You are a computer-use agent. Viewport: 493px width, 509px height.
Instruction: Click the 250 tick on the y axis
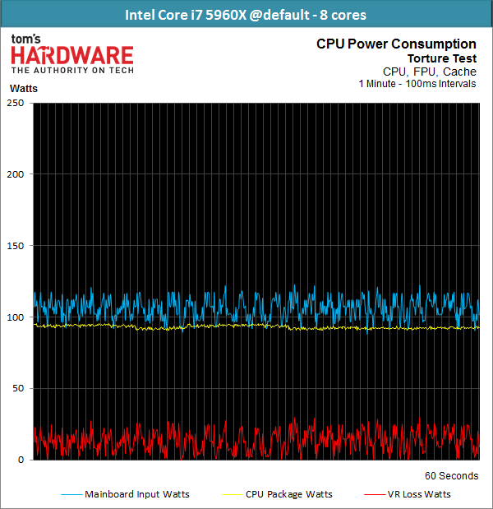tap(16, 103)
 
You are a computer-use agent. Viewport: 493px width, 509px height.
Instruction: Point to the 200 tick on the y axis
tap(16, 174)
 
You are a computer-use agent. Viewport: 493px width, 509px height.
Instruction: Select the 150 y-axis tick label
tap(16, 246)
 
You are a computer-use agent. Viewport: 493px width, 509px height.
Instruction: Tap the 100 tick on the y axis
tap(16, 317)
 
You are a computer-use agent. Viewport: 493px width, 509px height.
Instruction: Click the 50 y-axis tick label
tap(18, 388)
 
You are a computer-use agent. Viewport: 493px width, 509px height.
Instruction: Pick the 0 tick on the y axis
tap(21, 460)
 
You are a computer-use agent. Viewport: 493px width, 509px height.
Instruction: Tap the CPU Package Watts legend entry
tap(288, 494)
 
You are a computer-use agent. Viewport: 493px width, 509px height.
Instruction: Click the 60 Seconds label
tap(450, 476)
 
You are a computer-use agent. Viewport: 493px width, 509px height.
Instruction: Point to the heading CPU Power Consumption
tap(395, 44)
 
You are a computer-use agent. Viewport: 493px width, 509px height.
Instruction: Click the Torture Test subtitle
tap(441, 58)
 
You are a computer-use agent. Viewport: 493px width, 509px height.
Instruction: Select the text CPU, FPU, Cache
tap(429, 72)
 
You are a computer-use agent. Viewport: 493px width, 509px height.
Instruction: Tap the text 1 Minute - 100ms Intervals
tap(417, 84)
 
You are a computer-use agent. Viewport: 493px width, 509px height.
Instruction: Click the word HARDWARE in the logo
tap(71, 55)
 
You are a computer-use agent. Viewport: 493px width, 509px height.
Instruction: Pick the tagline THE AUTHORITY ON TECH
tap(71, 71)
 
